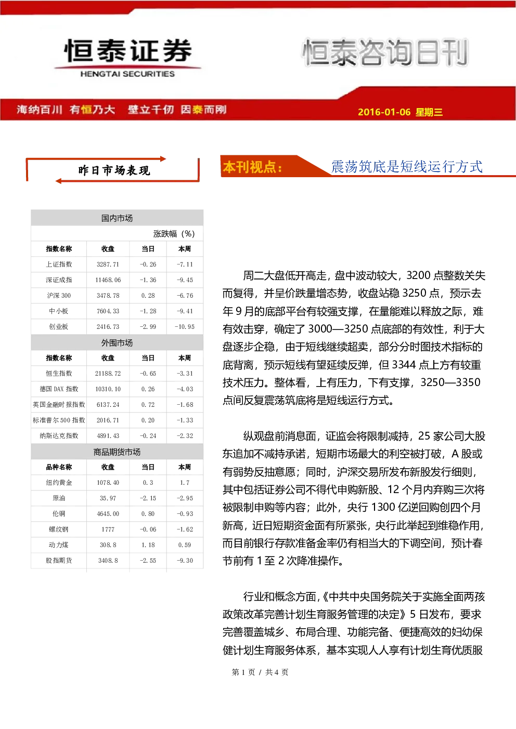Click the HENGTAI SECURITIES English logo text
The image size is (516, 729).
point(127,74)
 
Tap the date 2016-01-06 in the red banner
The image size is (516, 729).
point(384,112)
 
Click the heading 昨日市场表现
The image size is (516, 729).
point(114,170)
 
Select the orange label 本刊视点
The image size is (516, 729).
point(252,167)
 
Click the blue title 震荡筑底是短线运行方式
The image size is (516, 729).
point(407,166)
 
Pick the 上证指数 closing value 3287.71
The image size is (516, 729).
point(108,264)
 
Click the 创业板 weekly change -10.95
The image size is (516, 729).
point(185,326)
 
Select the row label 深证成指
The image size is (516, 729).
point(59,280)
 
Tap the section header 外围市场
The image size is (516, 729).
point(117,343)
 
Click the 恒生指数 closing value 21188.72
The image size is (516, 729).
point(108,373)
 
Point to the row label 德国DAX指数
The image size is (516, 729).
point(59,389)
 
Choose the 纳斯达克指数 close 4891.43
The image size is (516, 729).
point(108,436)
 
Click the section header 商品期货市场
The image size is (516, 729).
point(117,452)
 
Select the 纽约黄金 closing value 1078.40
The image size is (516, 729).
point(108,482)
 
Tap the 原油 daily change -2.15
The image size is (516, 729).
point(148,498)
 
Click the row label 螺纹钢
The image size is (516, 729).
point(59,529)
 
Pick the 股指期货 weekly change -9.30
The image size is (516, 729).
point(185,561)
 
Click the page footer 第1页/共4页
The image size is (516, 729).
point(260,672)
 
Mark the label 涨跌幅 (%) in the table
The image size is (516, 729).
point(174,233)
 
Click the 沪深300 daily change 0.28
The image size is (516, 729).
point(148,296)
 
